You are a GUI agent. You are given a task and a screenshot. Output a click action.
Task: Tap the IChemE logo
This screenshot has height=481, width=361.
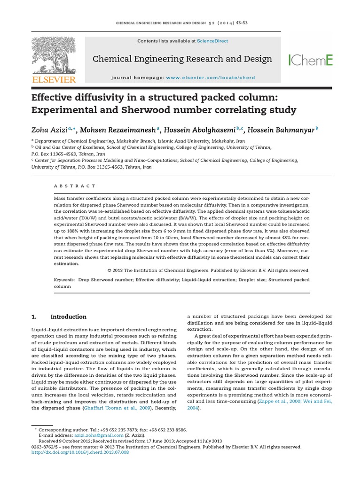310,60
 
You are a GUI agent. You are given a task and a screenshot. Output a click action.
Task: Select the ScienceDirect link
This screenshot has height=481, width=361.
212,41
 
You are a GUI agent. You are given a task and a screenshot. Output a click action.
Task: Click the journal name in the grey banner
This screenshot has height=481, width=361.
182,59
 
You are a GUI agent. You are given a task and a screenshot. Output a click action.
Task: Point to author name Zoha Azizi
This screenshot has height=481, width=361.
49,130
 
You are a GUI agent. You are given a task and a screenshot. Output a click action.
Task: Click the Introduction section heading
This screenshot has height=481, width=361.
68,317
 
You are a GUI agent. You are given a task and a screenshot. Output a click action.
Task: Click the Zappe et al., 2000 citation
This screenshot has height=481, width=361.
271,401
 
